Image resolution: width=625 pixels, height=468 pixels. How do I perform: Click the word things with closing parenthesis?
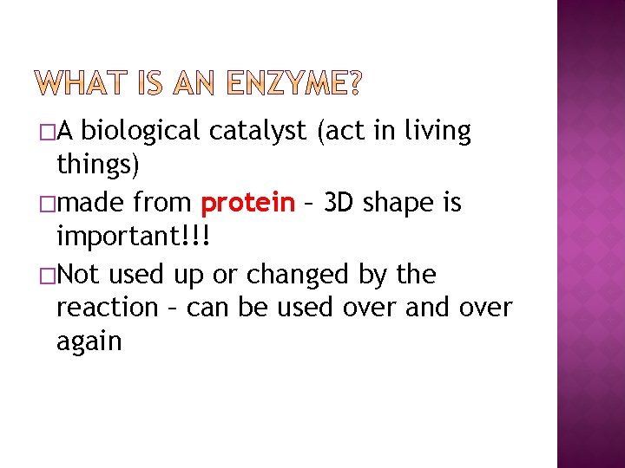point(97,165)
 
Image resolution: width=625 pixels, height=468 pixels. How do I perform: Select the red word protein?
point(247,204)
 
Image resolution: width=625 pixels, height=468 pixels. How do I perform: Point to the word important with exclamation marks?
point(133,237)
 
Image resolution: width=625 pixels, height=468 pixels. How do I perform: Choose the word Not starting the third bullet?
point(82,274)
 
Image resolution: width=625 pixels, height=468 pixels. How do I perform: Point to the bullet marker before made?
point(45,204)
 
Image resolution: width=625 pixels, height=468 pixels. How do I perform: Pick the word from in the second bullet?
point(163,204)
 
